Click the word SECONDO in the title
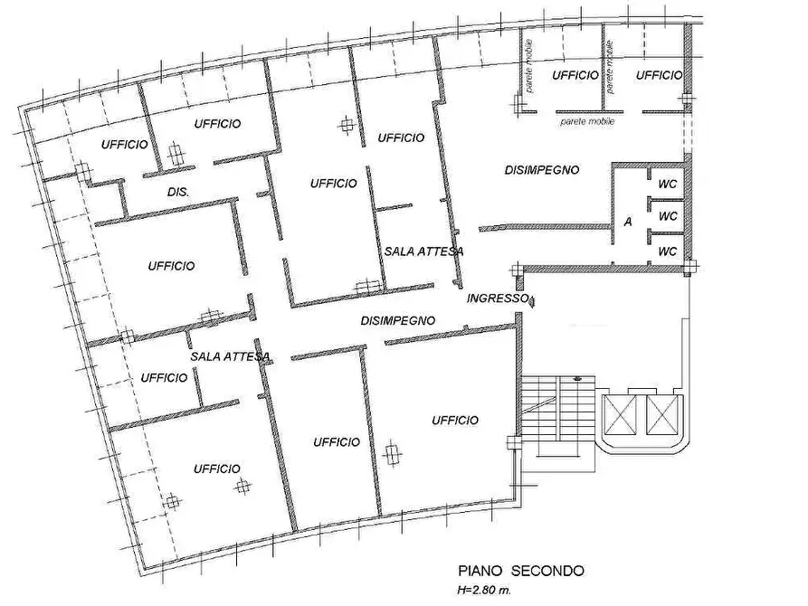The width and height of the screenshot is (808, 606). click(547, 571)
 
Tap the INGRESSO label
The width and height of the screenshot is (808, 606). click(497, 298)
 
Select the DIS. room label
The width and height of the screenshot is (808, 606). click(177, 193)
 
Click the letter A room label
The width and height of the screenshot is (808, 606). click(628, 222)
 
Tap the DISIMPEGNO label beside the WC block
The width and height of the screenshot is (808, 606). click(541, 169)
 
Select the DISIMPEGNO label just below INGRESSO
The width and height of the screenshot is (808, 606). click(398, 320)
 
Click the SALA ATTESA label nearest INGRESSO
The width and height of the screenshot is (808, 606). click(423, 251)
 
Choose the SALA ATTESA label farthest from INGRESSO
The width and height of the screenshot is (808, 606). click(231, 356)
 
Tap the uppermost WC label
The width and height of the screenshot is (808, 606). click(668, 184)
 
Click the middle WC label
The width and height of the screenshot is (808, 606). click(668, 216)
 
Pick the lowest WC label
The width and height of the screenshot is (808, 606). click(668, 250)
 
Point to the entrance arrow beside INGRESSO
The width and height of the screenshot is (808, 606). click(534, 301)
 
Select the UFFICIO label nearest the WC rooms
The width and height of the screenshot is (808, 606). click(658, 75)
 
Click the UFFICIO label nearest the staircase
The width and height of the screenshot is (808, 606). click(455, 420)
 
